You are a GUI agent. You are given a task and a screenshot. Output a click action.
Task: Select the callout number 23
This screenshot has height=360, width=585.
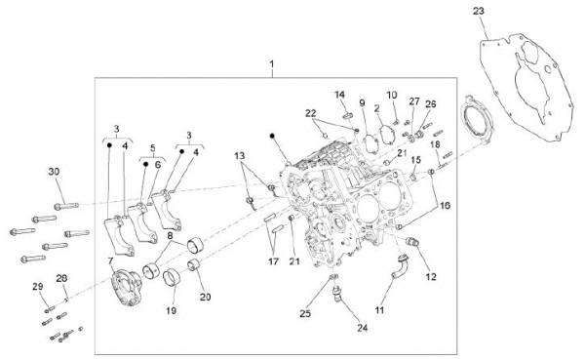[504, 10]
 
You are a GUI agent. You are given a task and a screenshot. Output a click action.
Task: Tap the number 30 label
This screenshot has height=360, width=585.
[55, 172]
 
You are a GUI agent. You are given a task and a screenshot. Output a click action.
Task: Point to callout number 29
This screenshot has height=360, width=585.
[38, 286]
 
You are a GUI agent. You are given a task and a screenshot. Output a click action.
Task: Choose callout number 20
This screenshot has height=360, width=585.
[205, 297]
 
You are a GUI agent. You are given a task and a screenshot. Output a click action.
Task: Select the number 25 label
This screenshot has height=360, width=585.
[305, 313]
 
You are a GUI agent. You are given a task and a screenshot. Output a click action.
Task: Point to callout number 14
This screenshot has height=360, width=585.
[341, 95]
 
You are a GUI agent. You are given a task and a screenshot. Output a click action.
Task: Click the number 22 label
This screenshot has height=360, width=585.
[310, 114]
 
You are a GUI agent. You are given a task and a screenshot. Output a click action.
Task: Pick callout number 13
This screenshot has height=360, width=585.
[240, 156]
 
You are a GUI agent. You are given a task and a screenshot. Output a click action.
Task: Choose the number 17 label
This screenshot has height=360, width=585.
[274, 260]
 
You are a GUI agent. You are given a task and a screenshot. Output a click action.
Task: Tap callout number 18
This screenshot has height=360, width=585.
[436, 143]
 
